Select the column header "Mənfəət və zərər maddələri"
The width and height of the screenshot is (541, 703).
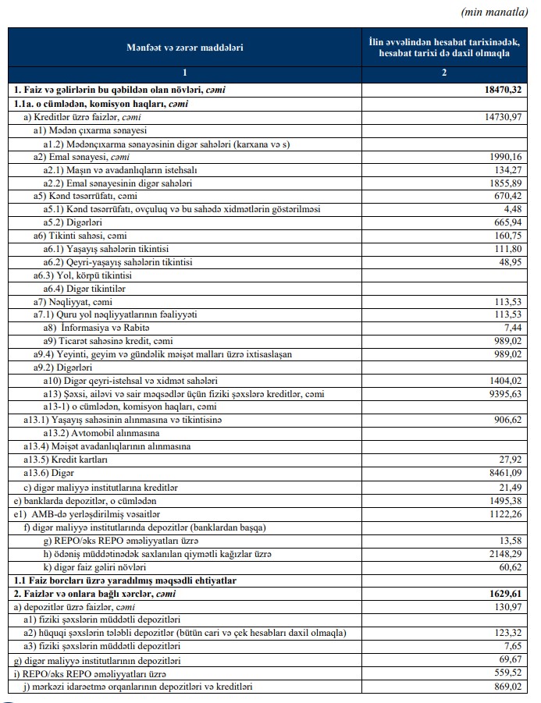coord(185,48)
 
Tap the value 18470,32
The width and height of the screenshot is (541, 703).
coord(499,91)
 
